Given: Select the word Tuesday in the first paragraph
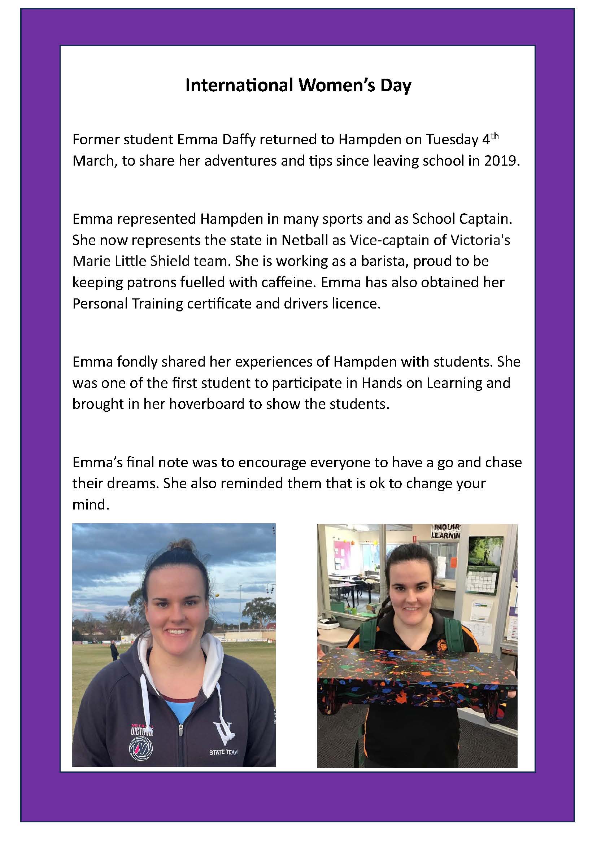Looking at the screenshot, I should [453, 140].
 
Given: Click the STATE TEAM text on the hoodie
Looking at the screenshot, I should [223, 752].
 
